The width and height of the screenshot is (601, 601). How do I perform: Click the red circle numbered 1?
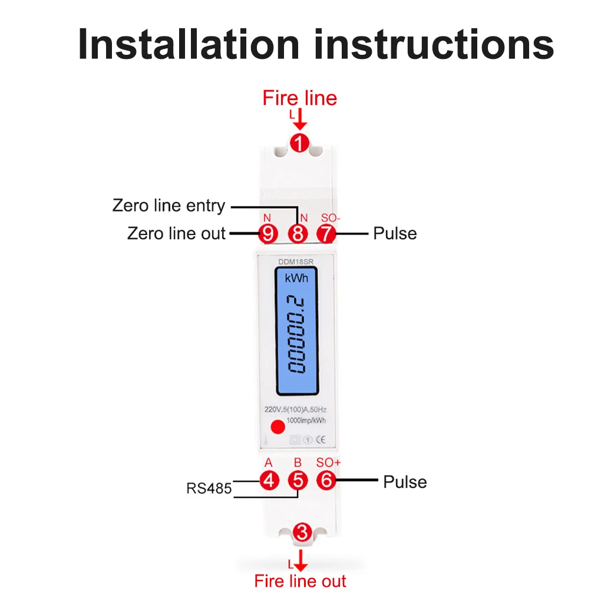pyautogui.click(x=300, y=143)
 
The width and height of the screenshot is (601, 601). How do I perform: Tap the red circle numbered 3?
pyautogui.click(x=302, y=533)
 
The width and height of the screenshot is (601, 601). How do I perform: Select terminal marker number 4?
pyautogui.click(x=269, y=480)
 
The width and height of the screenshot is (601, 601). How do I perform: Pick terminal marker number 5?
pyautogui.click(x=298, y=480)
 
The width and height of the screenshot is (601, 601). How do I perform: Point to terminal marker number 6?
pyautogui.click(x=326, y=480)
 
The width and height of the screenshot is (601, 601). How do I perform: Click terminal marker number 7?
pyautogui.click(x=325, y=233)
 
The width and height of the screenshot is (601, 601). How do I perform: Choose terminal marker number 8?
pyautogui.click(x=298, y=233)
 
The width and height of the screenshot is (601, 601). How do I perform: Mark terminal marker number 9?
pyautogui.click(x=269, y=233)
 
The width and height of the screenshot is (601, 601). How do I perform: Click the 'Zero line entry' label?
pyautogui.click(x=169, y=206)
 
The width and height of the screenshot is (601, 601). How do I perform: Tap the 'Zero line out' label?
pyautogui.click(x=176, y=233)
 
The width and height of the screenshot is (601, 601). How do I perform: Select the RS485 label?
pyautogui.click(x=209, y=488)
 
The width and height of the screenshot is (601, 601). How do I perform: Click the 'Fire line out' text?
pyautogui.click(x=300, y=581)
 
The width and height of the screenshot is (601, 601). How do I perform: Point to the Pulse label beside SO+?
pyautogui.click(x=405, y=481)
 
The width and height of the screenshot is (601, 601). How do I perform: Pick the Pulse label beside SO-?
pyautogui.click(x=395, y=233)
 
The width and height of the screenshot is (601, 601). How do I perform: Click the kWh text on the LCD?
pyautogui.click(x=296, y=278)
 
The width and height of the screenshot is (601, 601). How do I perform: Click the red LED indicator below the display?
pyautogui.click(x=274, y=427)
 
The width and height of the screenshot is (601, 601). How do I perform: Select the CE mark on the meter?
pyautogui.click(x=321, y=439)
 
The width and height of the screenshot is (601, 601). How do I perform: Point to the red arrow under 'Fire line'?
pyautogui.click(x=300, y=121)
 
